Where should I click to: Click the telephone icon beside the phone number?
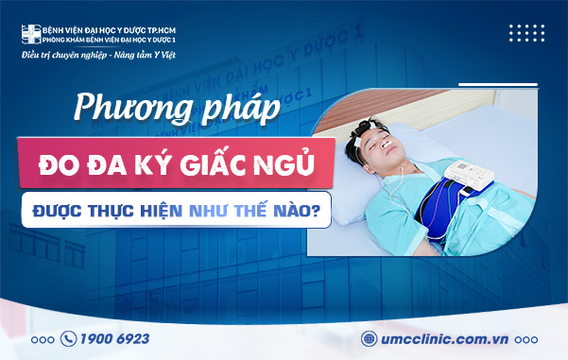pos(68,337)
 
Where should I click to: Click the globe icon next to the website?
pos(370,337)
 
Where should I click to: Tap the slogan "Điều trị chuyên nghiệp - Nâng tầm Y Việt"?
pos(98,56)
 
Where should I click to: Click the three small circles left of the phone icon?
pos(43,338)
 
